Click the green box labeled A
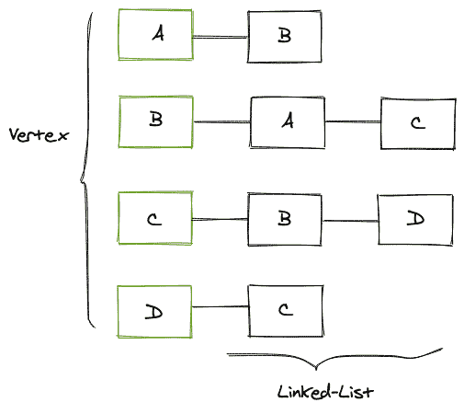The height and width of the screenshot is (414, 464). (155, 36)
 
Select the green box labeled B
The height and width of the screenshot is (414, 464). (155, 121)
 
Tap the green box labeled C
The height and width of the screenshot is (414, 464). (155, 219)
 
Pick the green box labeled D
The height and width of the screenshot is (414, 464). (155, 310)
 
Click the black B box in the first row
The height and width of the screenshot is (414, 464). (284, 37)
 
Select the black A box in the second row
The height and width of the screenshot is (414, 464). (287, 121)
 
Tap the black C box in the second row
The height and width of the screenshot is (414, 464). (417, 122)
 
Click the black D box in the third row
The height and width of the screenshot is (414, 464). (415, 219)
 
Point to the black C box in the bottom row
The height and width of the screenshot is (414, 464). (284, 310)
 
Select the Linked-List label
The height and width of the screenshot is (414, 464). (325, 392)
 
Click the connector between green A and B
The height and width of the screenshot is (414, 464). (220, 37)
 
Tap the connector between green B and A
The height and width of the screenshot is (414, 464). (221, 121)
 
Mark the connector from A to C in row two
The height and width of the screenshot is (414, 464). (352, 121)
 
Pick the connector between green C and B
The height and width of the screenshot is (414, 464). (221, 219)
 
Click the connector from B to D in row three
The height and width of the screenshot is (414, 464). (351, 219)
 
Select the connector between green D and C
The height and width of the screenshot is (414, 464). (220, 310)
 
